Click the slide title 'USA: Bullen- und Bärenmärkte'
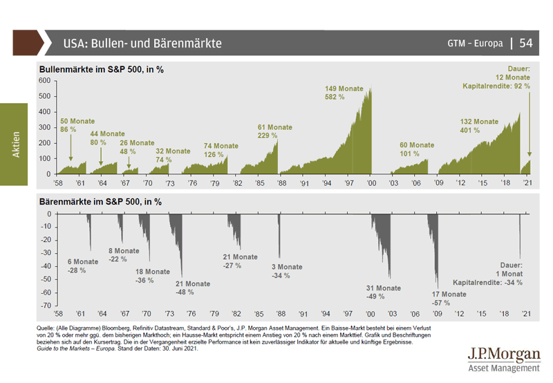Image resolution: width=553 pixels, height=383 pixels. [142, 43]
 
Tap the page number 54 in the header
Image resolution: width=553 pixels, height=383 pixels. [526, 43]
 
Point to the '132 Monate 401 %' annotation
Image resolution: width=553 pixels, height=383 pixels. [479, 126]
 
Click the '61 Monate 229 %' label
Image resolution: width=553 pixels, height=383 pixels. [274, 131]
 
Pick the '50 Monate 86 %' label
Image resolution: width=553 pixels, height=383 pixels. [74, 126]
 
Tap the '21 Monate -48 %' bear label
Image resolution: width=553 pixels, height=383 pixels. [192, 288]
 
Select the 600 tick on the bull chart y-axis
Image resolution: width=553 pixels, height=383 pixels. [45, 81]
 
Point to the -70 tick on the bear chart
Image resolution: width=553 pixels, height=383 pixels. [46, 305]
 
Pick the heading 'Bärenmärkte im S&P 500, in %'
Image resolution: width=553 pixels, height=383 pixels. [100, 202]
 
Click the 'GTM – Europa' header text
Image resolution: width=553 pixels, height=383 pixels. [474, 44]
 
